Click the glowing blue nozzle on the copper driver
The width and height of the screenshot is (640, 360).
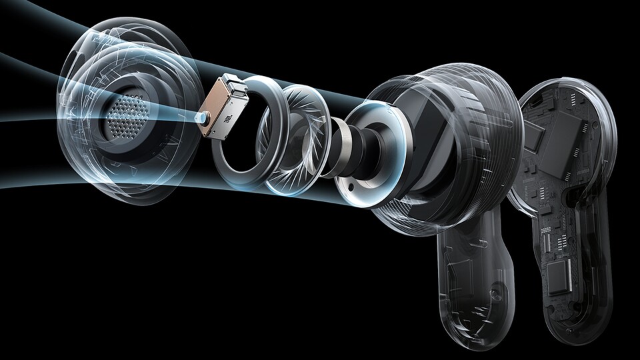(x=201, y=119)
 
